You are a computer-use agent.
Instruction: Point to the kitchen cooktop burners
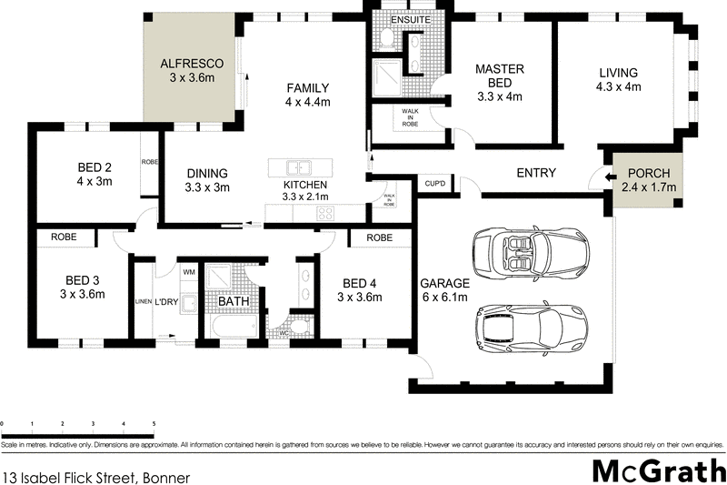click(x=324, y=214)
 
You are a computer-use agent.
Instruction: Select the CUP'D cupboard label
click(x=435, y=185)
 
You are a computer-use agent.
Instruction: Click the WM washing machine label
click(x=189, y=272)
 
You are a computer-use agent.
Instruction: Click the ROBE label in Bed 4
click(x=380, y=237)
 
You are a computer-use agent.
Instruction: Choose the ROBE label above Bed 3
click(x=64, y=237)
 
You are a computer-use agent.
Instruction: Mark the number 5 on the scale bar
click(x=154, y=425)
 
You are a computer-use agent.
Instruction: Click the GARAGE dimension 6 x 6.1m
click(x=444, y=298)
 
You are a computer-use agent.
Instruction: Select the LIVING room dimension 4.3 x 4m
click(x=618, y=87)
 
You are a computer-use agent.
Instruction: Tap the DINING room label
click(x=207, y=174)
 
